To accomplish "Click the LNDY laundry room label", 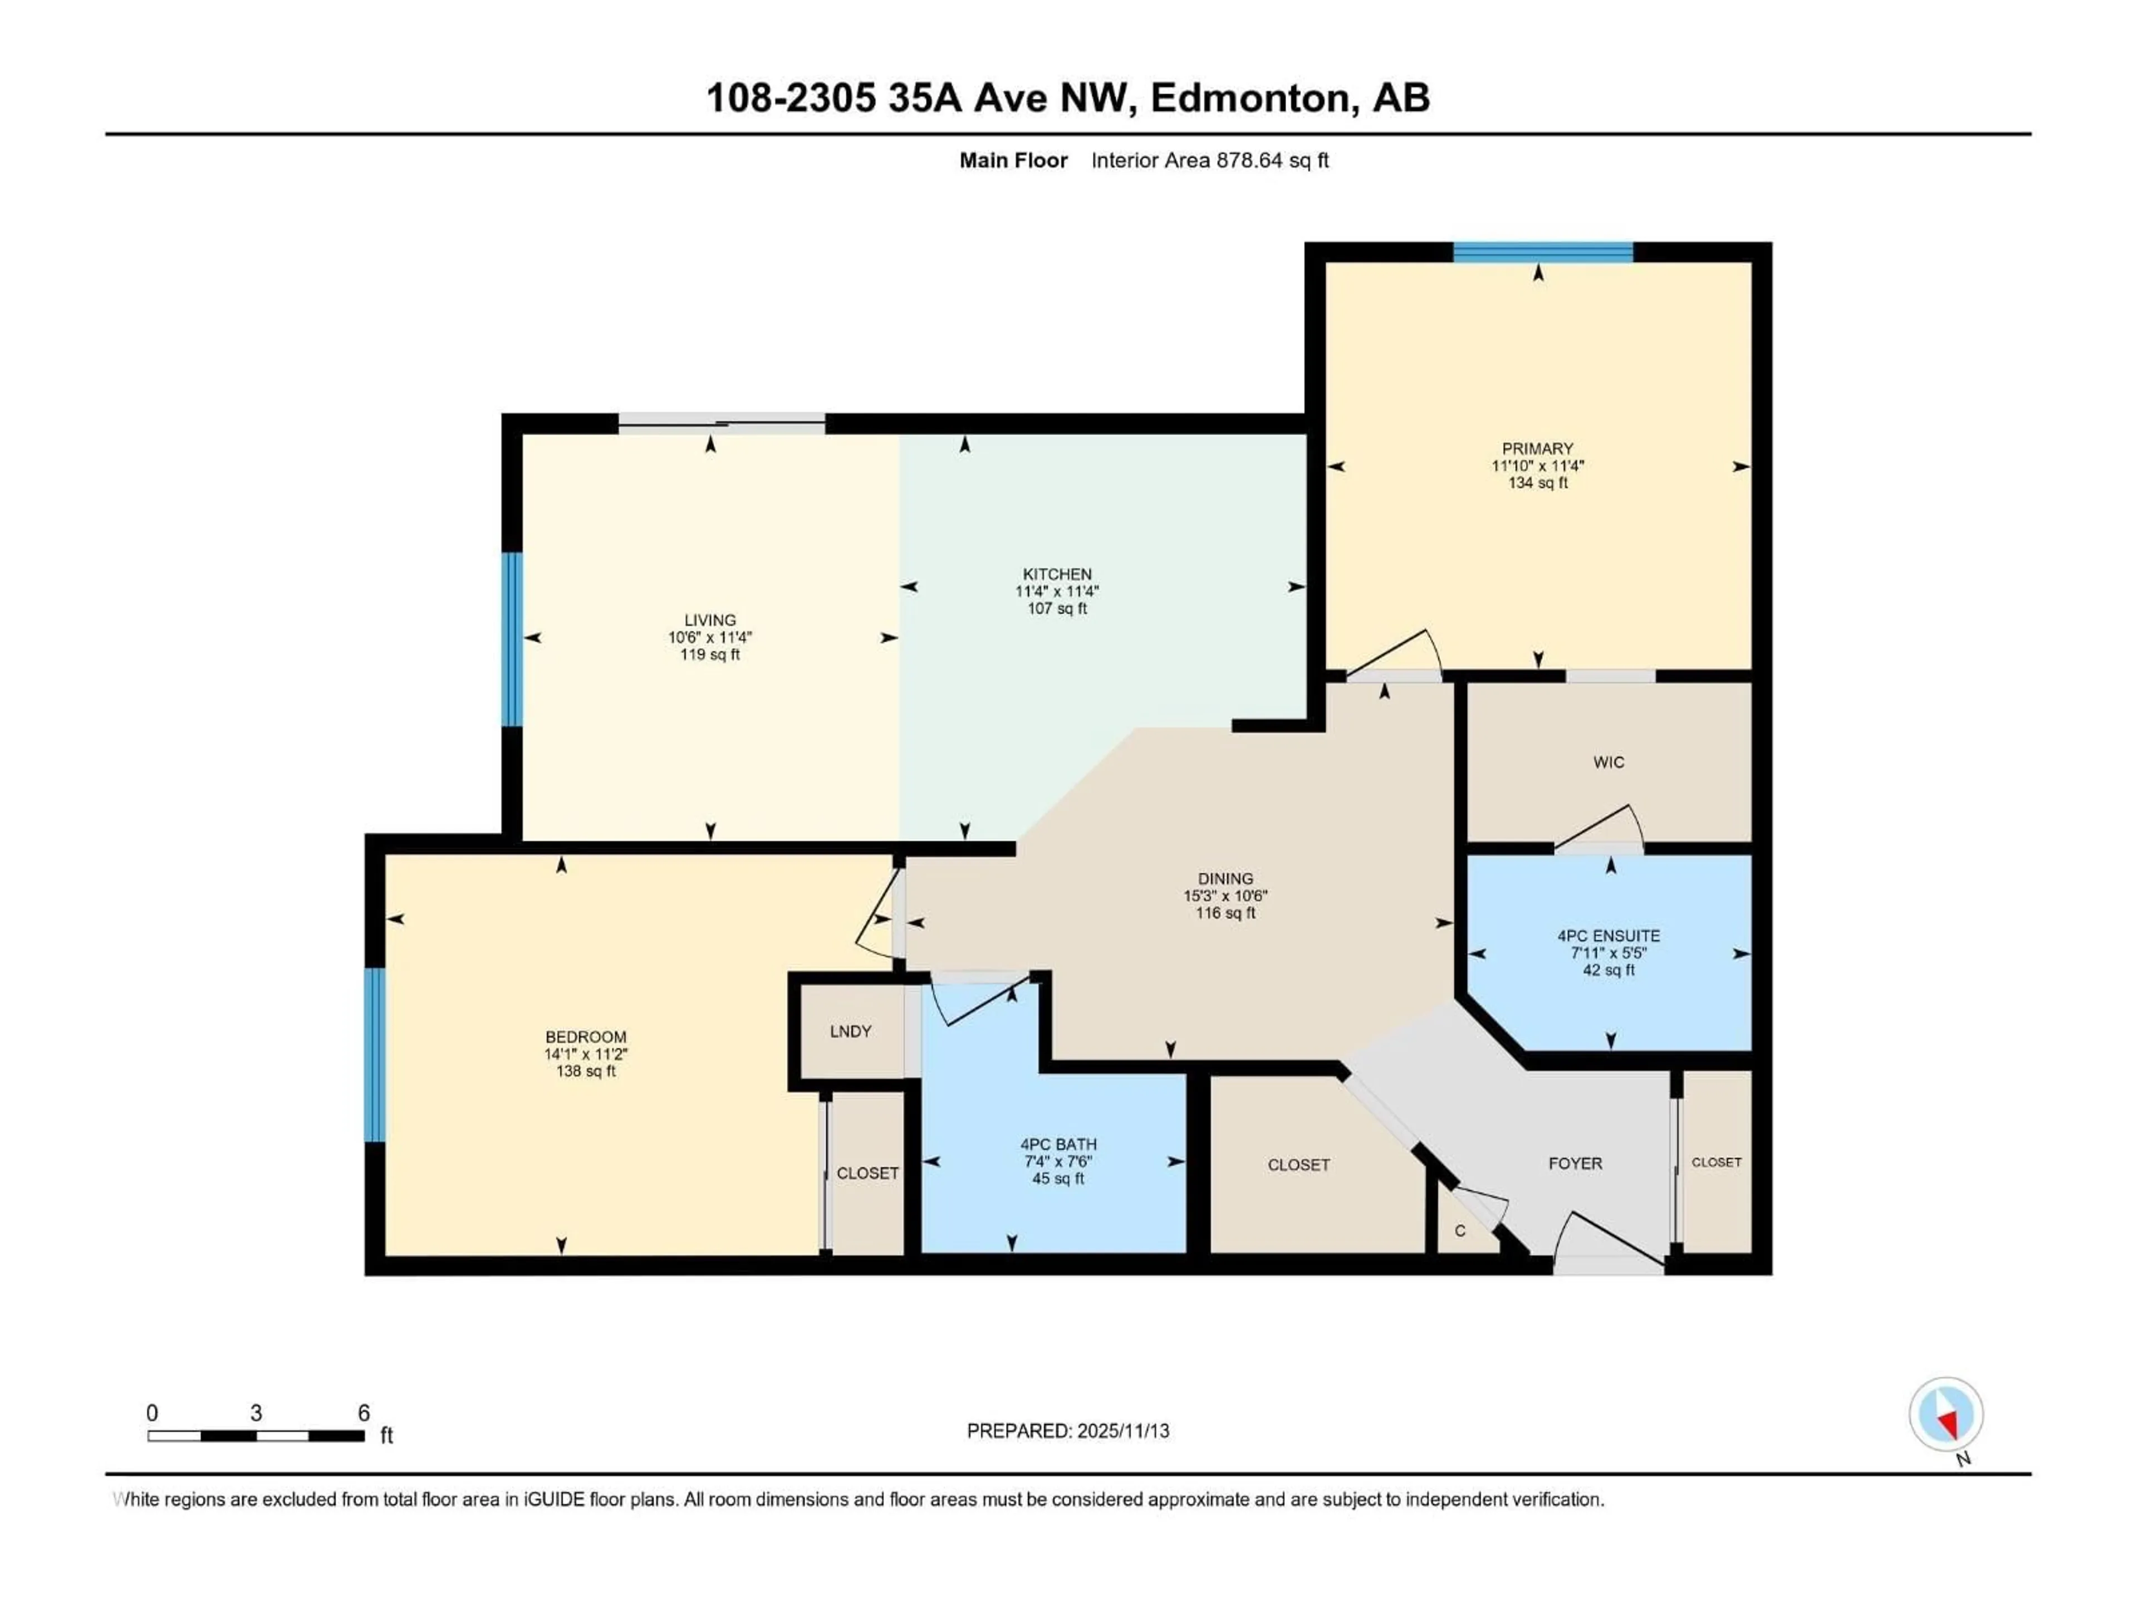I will [851, 1031].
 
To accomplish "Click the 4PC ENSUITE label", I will [1609, 936].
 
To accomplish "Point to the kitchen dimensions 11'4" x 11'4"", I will [1057, 591].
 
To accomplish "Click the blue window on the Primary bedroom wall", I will [1543, 252].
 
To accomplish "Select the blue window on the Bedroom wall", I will [375, 1055].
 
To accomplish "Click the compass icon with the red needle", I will [1946, 1415].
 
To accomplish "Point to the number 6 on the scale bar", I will [364, 1412].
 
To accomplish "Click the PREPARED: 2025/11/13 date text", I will [1068, 1431].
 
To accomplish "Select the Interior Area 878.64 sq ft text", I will [1209, 160].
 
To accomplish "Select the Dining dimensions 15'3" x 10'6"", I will [1225, 896].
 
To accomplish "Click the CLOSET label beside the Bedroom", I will [867, 1173].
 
